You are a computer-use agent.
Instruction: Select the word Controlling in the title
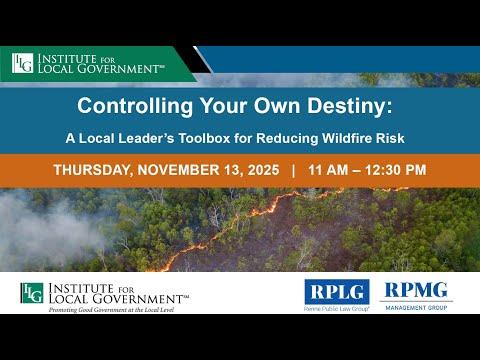[130, 104]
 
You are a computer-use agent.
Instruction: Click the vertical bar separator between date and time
[293, 170]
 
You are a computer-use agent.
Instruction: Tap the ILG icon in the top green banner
[22, 63]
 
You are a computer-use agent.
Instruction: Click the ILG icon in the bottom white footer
[31, 292]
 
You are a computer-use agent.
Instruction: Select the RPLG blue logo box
[337, 290]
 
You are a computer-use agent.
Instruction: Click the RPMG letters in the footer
[416, 290]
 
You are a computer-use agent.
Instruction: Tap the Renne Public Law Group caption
[337, 310]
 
